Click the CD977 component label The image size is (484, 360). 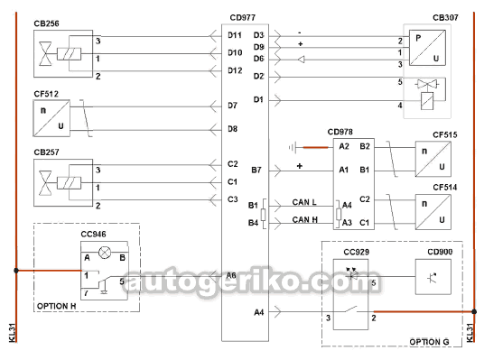pyautogui.click(x=243, y=17)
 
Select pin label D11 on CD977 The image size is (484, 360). pyautogui.click(x=235, y=35)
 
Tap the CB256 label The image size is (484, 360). pyautogui.click(x=46, y=23)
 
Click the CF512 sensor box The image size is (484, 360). pyautogui.click(x=51, y=118)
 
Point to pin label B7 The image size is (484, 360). pyautogui.click(x=256, y=170)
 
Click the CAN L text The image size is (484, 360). pyautogui.click(x=304, y=202)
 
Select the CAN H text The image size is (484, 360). pyautogui.click(x=305, y=219)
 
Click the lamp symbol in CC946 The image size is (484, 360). pyautogui.click(x=105, y=253)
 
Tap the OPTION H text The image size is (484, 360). pyautogui.click(x=57, y=306)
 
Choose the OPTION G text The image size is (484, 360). pyautogui.click(x=429, y=342)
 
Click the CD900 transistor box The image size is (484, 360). pyautogui.click(x=433, y=277)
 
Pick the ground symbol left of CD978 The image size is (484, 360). pyautogui.click(x=293, y=148)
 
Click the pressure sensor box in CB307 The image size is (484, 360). pyautogui.click(x=427, y=48)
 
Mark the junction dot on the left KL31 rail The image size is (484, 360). pyautogui.click(x=16, y=271)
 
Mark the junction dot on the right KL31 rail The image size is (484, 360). pyautogui.click(x=474, y=311)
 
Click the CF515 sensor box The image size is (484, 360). pyautogui.click(x=433, y=159)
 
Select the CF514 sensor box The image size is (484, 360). pyautogui.click(x=433, y=212)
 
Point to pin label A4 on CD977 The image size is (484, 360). pyautogui.click(x=258, y=312)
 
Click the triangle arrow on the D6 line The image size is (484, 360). pyautogui.click(x=302, y=60)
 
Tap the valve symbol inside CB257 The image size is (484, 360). pyautogui.click(x=45, y=183)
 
